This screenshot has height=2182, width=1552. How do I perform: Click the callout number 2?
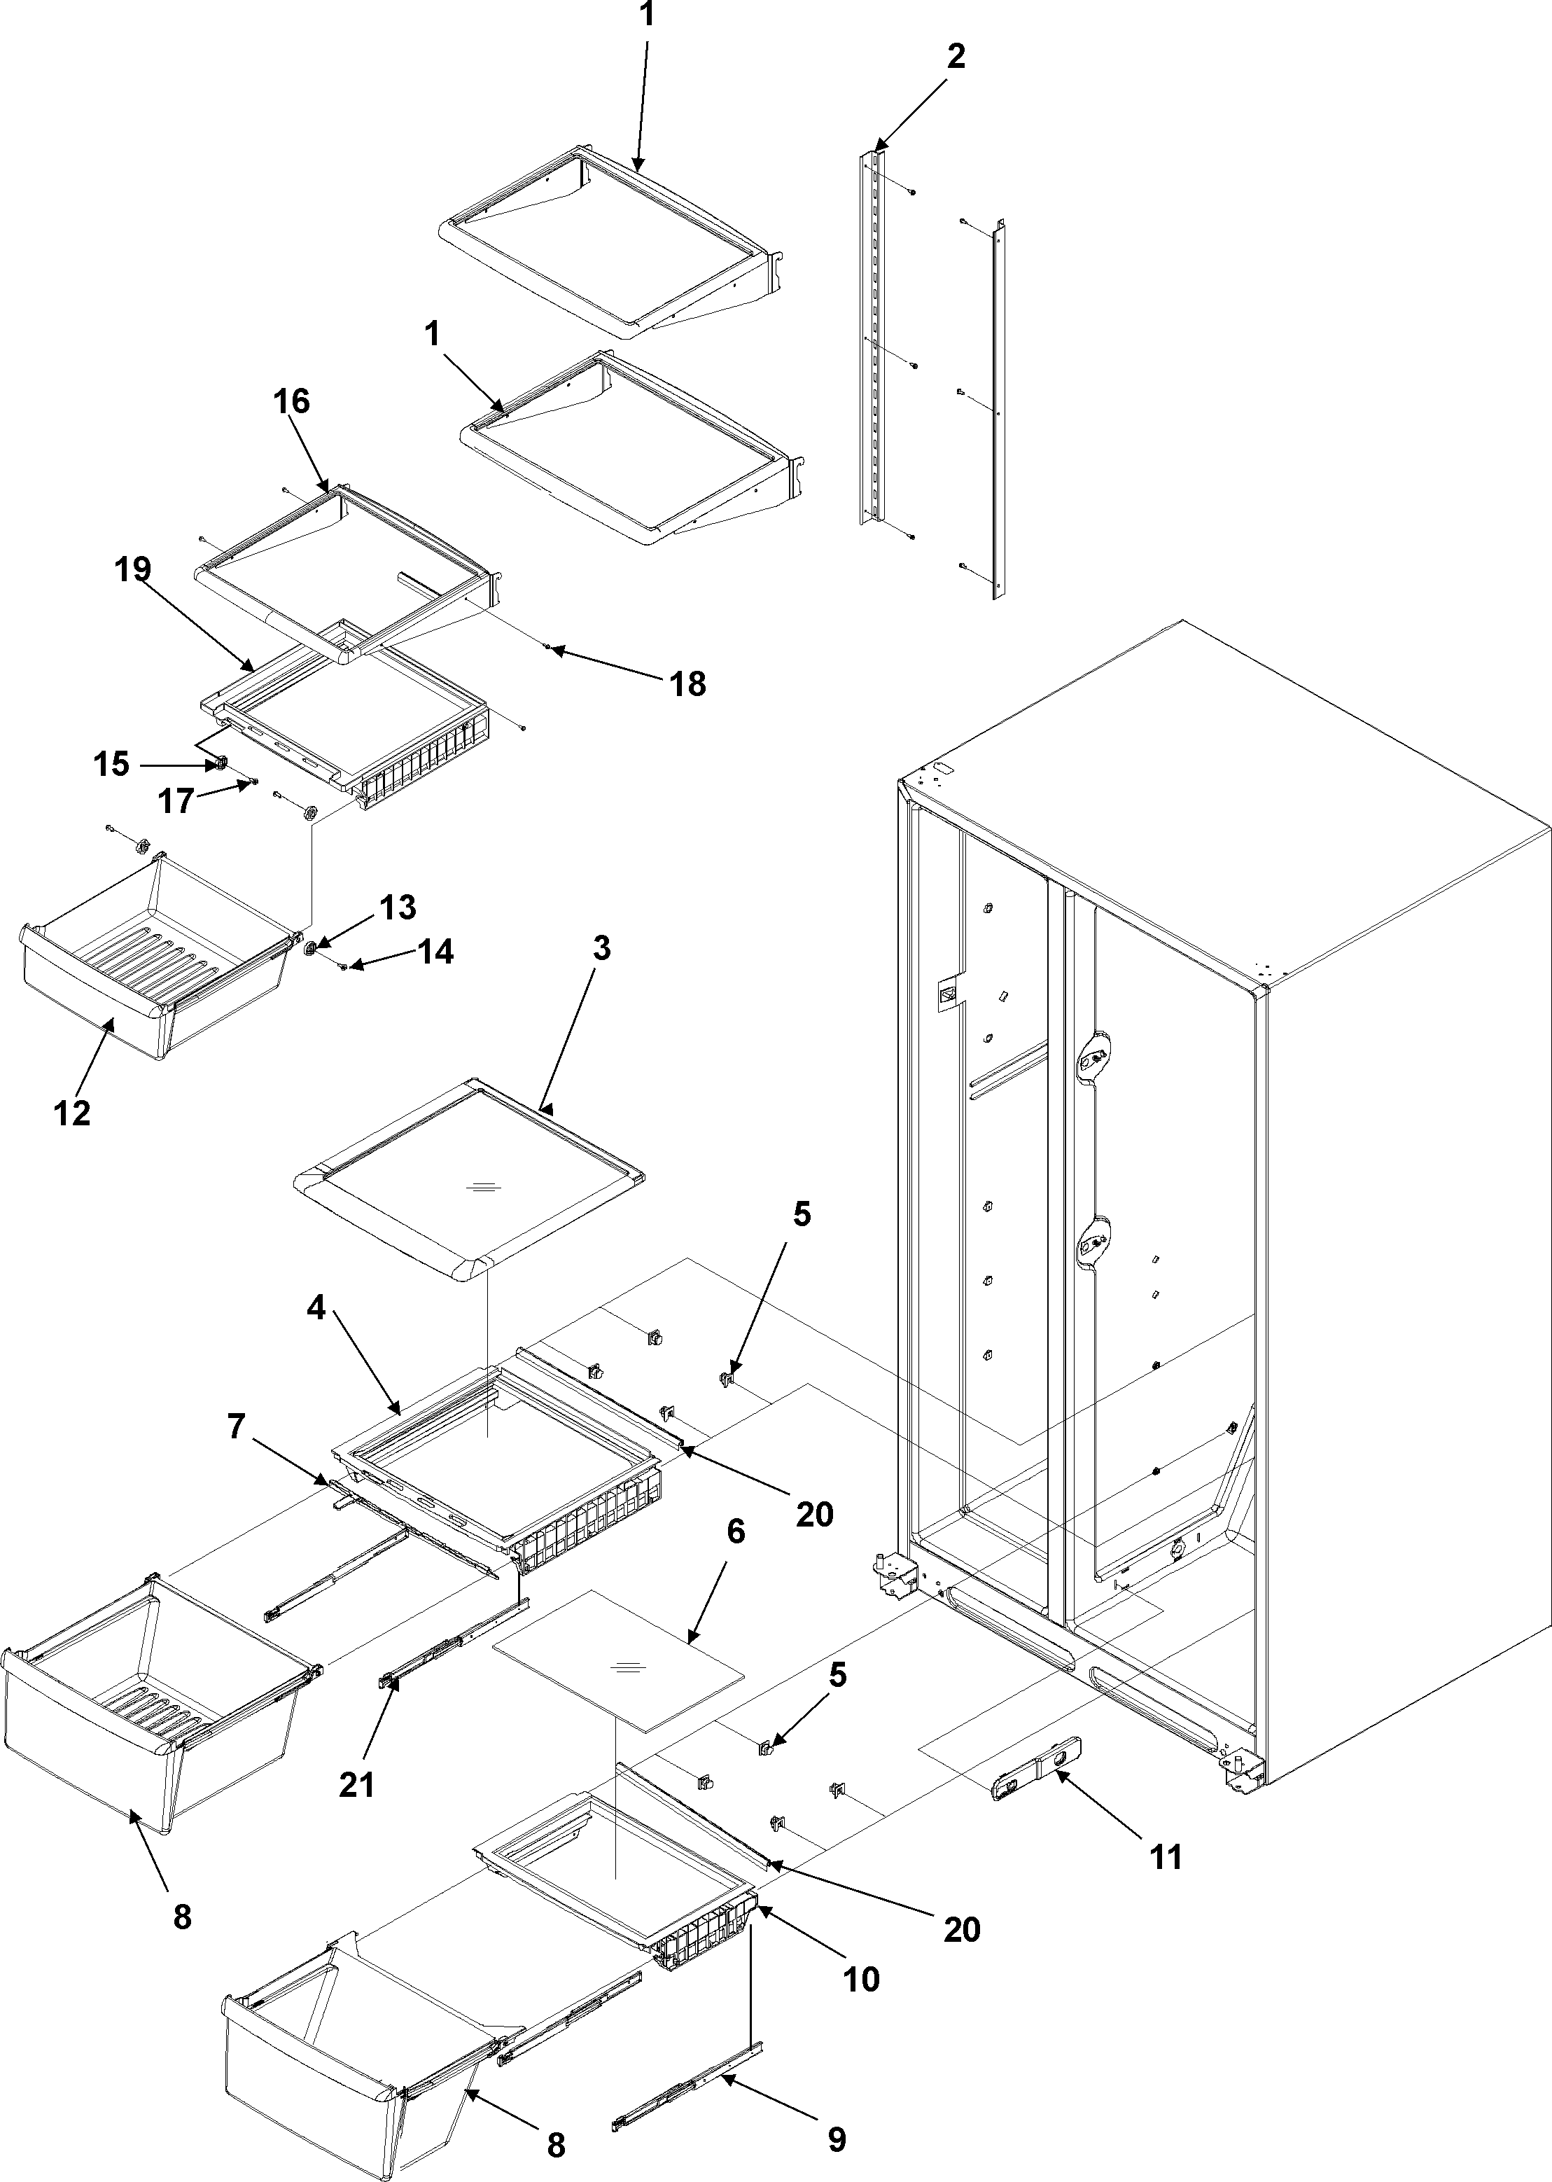[956, 57]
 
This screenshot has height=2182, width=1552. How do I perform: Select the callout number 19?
[133, 569]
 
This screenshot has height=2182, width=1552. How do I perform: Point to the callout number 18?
[688, 683]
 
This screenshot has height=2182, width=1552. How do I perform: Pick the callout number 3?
[601, 949]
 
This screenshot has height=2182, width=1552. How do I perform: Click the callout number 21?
[356, 1784]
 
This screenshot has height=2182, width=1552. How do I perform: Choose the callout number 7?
[235, 1427]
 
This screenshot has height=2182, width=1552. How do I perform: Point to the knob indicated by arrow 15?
[220, 764]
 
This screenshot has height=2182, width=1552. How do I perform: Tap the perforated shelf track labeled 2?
[869, 335]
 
